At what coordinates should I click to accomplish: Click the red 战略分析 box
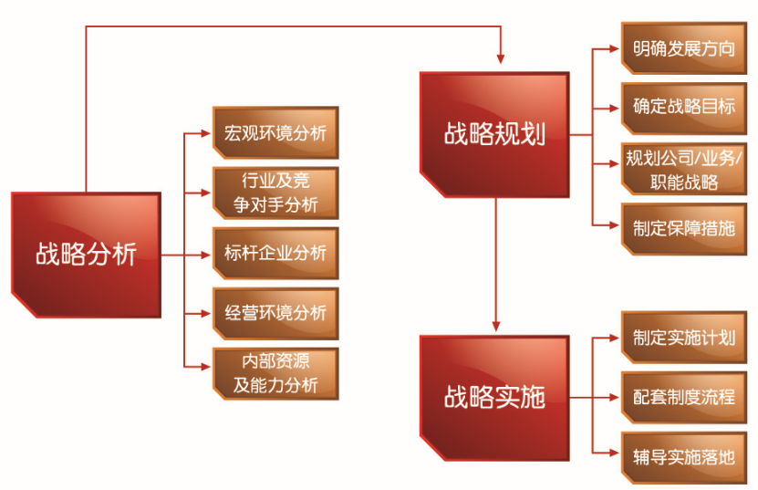pyautogui.click(x=87, y=253)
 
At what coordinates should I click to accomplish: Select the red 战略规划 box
pyautogui.click(x=495, y=133)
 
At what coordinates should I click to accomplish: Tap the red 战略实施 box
pyautogui.click(x=495, y=396)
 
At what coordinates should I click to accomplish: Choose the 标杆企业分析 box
pyautogui.click(x=275, y=253)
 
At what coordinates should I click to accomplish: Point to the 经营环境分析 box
pyautogui.click(x=275, y=312)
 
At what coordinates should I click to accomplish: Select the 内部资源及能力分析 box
pyautogui.click(x=275, y=372)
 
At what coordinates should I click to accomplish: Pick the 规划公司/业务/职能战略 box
pyautogui.click(x=683, y=167)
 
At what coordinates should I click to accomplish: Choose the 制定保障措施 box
pyautogui.click(x=683, y=226)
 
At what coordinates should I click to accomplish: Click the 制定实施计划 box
pyautogui.click(x=683, y=338)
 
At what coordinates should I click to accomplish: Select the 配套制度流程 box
pyautogui.click(x=683, y=397)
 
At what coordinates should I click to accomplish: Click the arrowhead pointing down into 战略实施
pyautogui.click(x=496, y=326)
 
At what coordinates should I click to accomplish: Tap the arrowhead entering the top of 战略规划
pyautogui.click(x=501, y=60)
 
